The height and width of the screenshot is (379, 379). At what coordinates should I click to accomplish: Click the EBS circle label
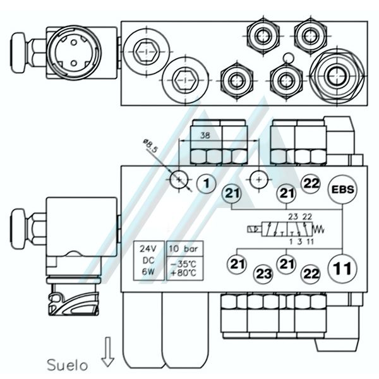point(342,189)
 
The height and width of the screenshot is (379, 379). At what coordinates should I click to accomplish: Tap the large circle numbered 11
point(341,268)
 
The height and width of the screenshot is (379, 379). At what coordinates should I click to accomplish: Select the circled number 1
point(205,184)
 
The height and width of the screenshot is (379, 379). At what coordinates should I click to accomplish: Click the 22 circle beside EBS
point(310,184)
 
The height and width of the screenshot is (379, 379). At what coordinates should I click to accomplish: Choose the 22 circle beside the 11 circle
point(310,274)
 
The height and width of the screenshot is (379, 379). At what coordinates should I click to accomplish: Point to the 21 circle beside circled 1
point(232,194)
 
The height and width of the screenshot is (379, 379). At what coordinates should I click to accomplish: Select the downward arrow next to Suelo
point(107,351)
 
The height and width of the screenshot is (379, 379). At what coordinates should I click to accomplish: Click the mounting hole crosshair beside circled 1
point(179,181)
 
